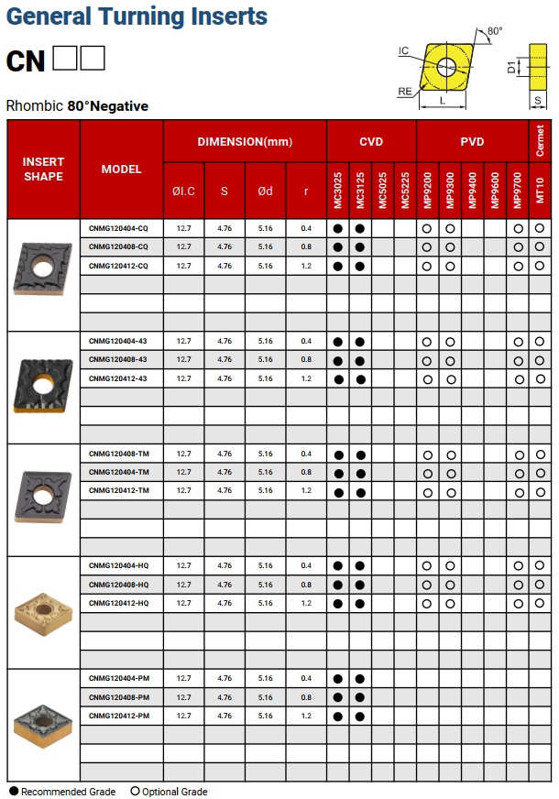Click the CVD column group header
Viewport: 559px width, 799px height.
371,142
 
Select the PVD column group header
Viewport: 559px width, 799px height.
472,142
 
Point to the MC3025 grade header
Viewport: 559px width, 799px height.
337,190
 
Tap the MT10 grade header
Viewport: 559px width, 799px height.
540,190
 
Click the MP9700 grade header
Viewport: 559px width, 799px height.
518,190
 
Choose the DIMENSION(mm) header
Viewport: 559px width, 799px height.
245,142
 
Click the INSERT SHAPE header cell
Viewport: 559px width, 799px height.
44,170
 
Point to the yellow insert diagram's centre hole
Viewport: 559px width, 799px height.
446,65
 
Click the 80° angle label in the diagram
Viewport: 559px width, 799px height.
495,31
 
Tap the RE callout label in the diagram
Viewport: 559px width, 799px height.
404,91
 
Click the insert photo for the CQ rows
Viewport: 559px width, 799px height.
43,268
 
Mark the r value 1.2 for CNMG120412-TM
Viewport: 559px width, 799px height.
306,491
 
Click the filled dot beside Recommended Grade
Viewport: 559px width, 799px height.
13,791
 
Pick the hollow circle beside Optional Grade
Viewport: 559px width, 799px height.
136,791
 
